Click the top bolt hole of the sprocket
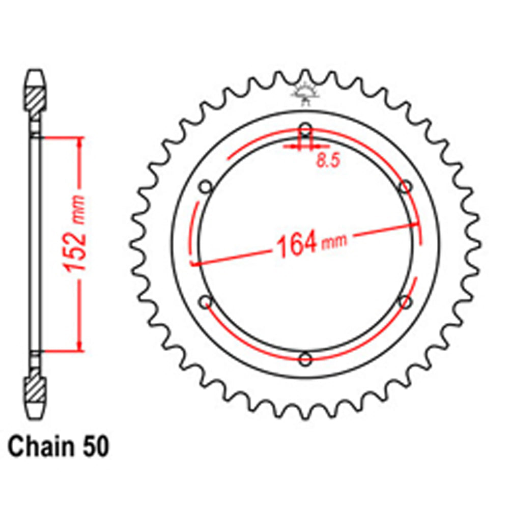[305, 128]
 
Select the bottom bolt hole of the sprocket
[305, 359]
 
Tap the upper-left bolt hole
[206, 186]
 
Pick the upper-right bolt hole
[405, 186]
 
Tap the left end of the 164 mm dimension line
[193, 264]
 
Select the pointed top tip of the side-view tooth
[37, 71]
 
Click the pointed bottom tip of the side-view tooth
[37, 416]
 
